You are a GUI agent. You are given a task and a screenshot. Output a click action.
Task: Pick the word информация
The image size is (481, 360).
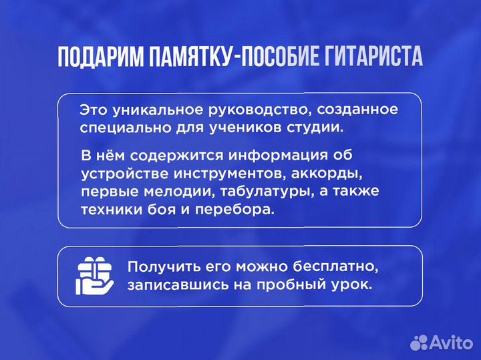click(x=281, y=156)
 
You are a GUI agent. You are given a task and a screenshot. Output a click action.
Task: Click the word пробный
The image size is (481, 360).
click(x=289, y=285)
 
